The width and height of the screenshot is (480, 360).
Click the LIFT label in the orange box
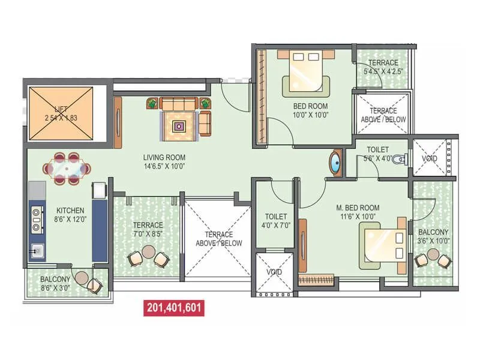point(60,113)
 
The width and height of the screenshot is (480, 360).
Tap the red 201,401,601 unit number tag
point(174,308)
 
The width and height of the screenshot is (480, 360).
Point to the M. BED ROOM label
point(358,212)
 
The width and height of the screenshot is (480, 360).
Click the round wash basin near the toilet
point(334,164)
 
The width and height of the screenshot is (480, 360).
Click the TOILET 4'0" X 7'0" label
point(276,221)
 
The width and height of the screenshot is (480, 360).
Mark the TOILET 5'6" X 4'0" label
point(378,154)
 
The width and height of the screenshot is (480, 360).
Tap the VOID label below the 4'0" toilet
point(274,272)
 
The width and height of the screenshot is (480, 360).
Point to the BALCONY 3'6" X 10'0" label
point(433,236)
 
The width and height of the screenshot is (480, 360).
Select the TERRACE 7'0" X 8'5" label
point(148,229)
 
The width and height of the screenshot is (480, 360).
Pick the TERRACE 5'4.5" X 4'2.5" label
point(383,67)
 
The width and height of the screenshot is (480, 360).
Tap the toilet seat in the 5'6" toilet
point(405,159)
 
